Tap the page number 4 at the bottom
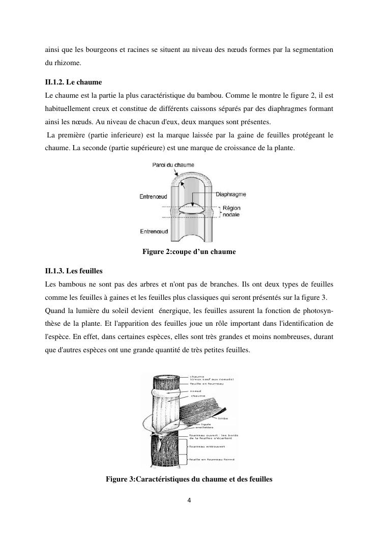[189, 500]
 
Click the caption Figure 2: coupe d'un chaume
[189, 251]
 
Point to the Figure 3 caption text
[189, 479]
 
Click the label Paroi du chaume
[173, 165]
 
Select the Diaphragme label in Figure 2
[231, 194]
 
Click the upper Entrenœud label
[154, 196]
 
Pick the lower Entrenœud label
[154, 232]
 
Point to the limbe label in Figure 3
[223, 418]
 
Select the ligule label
[206, 424]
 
